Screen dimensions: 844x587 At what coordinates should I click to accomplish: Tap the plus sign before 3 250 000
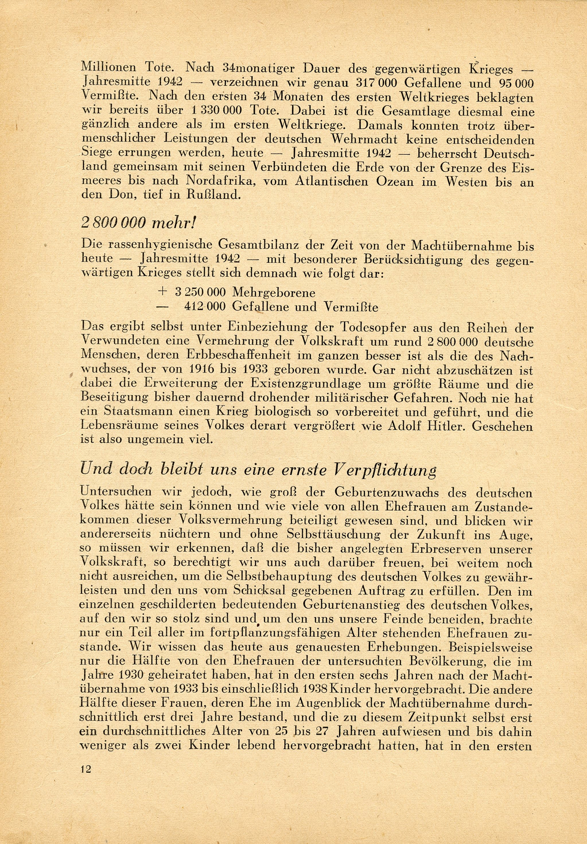pos(162,292)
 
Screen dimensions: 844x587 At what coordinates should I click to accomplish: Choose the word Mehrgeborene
pos(273,293)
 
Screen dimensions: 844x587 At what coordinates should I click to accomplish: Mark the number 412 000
pos(206,307)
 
